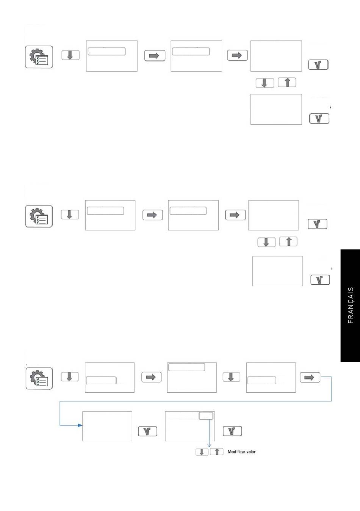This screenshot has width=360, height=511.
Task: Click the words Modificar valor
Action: pyautogui.click(x=242, y=452)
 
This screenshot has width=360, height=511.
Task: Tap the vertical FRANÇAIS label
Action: pyautogui.click(x=351, y=305)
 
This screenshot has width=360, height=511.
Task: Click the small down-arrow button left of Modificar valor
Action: pyautogui.click(x=202, y=452)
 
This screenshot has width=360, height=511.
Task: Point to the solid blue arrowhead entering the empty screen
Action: pyautogui.click(x=80, y=425)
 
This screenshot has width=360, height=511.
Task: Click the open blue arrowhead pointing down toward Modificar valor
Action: pyautogui.click(x=209, y=445)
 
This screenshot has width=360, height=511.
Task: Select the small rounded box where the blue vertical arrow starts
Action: pyautogui.click(x=206, y=415)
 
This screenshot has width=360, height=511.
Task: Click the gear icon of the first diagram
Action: pyautogui.click(x=39, y=57)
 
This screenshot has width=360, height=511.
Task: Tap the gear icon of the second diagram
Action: pyautogui.click(x=39, y=216)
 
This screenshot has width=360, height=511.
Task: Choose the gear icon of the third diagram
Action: pyautogui.click(x=39, y=378)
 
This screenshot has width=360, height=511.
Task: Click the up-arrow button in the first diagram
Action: pyautogui.click(x=287, y=82)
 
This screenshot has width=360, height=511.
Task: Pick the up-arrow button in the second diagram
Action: pyautogui.click(x=288, y=241)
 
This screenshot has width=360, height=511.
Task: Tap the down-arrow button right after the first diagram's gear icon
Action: pyautogui.click(x=70, y=55)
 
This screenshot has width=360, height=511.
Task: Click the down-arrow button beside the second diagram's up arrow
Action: pyautogui.click(x=266, y=242)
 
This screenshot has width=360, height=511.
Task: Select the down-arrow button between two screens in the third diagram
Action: pyautogui.click(x=231, y=377)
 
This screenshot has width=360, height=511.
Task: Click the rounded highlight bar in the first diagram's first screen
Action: pyautogui.click(x=107, y=51)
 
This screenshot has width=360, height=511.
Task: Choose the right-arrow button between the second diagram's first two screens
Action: pyautogui.click(x=153, y=215)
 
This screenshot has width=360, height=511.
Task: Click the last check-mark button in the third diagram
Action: pyautogui.click(x=232, y=431)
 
